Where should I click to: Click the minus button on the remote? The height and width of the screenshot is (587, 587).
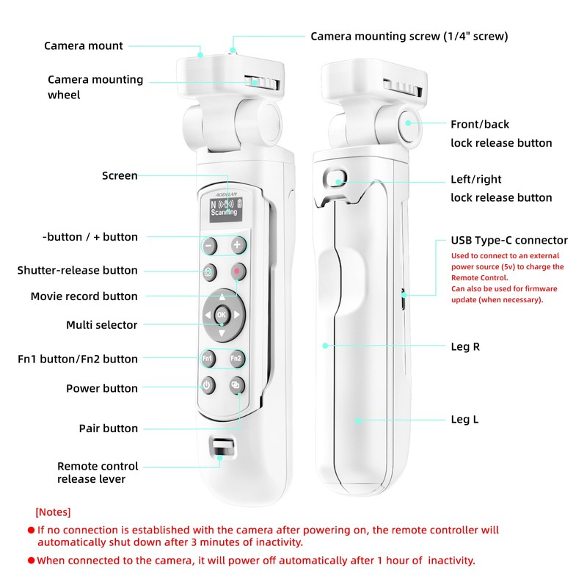click(x=209, y=244)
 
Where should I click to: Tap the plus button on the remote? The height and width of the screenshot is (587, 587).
click(x=237, y=244)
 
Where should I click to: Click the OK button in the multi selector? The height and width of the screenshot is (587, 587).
click(x=222, y=316)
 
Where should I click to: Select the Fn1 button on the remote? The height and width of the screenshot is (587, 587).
click(x=208, y=358)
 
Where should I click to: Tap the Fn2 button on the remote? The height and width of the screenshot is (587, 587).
click(x=236, y=358)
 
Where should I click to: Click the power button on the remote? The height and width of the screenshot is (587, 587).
click(x=207, y=384)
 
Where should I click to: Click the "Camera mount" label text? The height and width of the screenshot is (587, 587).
click(x=84, y=45)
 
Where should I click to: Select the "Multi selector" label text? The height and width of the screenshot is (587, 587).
click(x=101, y=324)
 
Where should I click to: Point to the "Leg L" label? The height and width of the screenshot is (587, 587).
click(x=464, y=420)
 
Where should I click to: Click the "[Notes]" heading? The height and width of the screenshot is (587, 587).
click(x=53, y=511)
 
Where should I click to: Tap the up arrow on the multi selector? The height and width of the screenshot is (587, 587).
click(x=222, y=297)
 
